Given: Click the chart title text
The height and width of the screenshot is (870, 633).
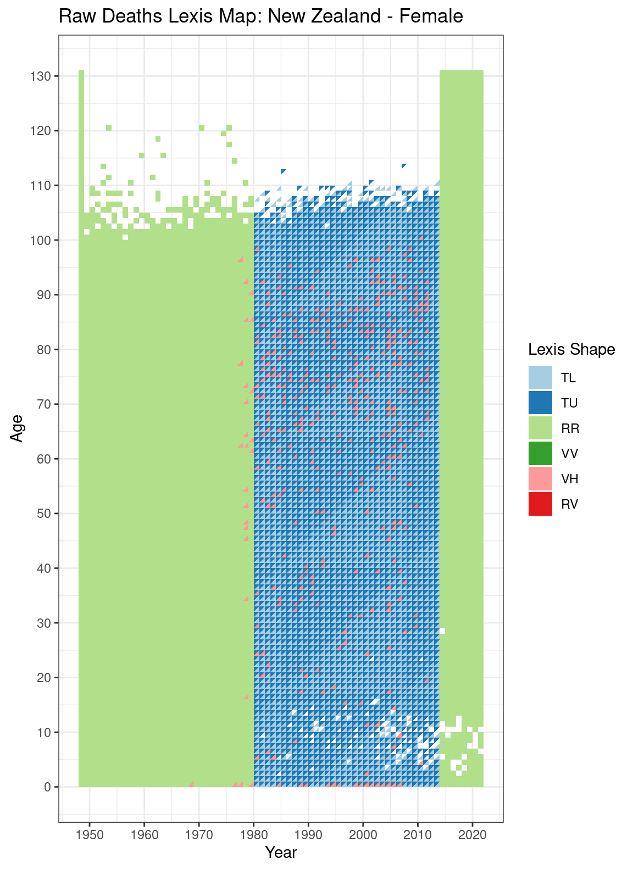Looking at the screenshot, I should click(260, 16).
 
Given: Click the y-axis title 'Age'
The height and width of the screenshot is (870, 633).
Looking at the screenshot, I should click(17, 428).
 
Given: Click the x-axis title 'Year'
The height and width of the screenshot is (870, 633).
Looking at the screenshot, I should click(281, 852).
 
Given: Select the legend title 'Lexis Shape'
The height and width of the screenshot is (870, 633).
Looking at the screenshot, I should click(571, 349).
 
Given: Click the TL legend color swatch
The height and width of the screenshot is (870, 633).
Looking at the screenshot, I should click(540, 378).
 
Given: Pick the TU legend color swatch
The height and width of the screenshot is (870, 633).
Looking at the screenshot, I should click(540, 403).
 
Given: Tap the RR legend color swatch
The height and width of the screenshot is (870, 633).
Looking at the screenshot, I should click(540, 428).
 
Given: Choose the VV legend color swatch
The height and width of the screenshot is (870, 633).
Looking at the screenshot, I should click(540, 454).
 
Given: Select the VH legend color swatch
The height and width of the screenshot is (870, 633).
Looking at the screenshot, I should click(540, 479).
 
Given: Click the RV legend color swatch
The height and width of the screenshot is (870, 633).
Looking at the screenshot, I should click(540, 504).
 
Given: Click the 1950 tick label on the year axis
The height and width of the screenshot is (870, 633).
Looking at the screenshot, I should click(89, 836).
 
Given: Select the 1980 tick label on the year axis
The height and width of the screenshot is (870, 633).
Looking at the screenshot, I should click(253, 836).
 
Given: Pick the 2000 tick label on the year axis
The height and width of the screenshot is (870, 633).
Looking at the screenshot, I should click(363, 836).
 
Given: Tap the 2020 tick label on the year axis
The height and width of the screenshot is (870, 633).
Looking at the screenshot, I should click(472, 836).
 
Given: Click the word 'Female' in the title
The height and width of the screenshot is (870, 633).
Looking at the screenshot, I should click(431, 16).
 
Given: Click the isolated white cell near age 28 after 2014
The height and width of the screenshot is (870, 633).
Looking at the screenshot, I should click(442, 631).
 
